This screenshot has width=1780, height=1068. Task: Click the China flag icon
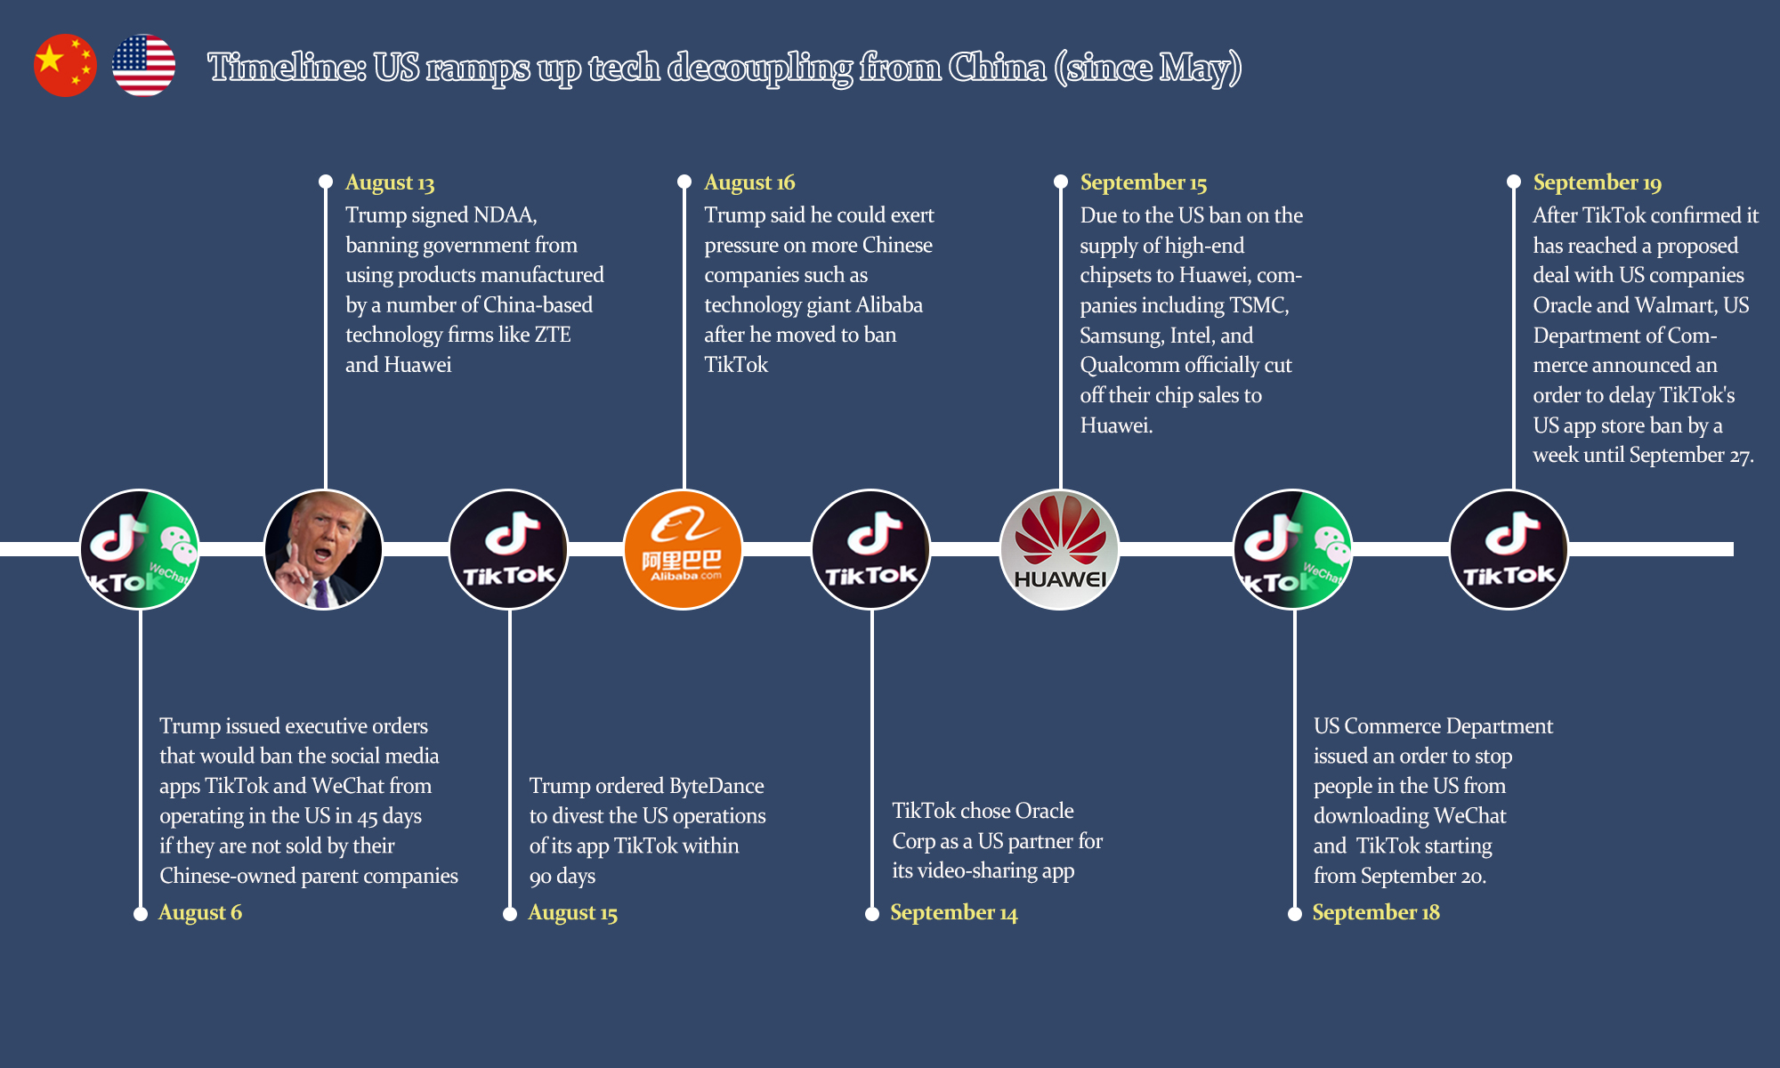(65, 66)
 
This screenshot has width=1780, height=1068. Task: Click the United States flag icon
(143, 66)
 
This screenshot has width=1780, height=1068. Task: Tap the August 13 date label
(390, 182)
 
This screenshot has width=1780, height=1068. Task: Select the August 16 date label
(749, 182)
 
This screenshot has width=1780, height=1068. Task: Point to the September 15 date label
(1143, 182)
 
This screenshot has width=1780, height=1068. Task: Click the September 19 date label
(1597, 182)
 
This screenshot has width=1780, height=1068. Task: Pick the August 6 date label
(200, 912)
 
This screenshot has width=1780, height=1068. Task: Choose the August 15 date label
(572, 913)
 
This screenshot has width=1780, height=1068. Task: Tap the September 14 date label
(953, 913)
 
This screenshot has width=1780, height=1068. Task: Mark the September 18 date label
(1375, 913)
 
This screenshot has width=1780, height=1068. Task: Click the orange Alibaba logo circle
(683, 549)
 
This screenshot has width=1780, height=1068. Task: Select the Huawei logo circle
(1059, 549)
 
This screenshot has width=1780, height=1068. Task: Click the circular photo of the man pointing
(323, 549)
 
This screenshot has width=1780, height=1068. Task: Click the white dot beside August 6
(140, 914)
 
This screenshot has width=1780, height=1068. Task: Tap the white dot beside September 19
(1513, 182)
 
